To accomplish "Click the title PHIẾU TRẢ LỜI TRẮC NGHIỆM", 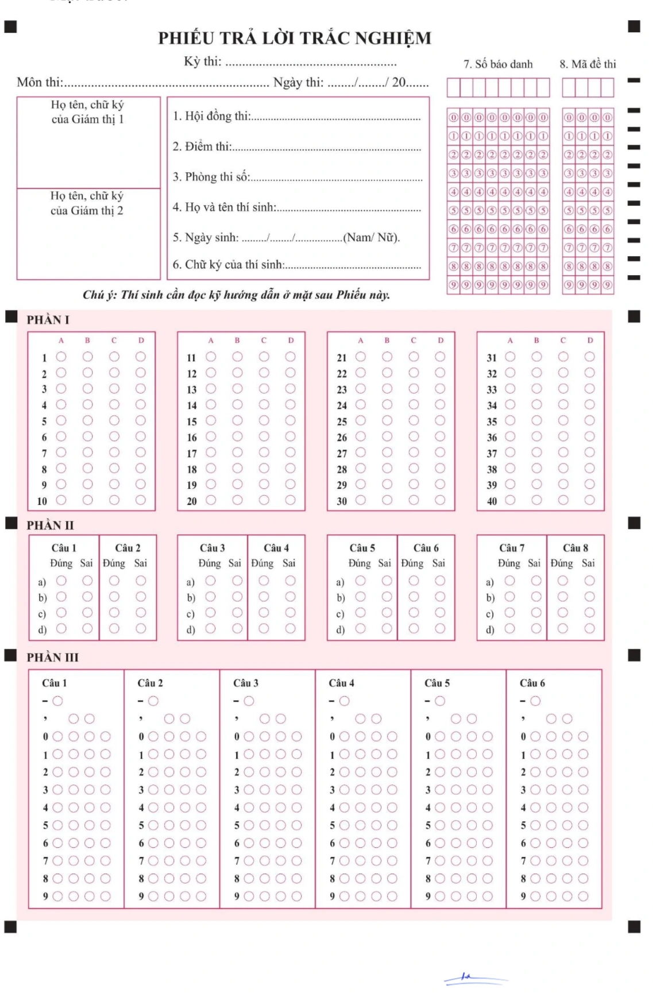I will point(295,38).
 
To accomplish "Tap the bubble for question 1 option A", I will point(61,357).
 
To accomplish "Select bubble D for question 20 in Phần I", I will point(291,500).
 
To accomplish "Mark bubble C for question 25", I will point(414,421).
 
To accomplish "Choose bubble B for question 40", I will point(536,500).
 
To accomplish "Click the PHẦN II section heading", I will point(50,525).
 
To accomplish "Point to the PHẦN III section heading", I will point(52,657).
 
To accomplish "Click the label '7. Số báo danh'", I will point(498,64).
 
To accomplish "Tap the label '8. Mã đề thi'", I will point(588,64).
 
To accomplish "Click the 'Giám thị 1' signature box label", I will point(87,112).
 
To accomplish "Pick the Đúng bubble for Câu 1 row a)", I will point(61,581).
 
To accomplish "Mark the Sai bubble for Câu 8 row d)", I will point(589,629).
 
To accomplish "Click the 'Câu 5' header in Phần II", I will point(362,548).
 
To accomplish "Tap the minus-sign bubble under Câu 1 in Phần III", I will point(57,701).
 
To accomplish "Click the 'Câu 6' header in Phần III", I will point(532,683).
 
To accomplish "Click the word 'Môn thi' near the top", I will point(39,82).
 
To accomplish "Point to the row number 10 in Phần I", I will point(42,501).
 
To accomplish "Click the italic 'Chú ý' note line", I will point(236,295).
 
